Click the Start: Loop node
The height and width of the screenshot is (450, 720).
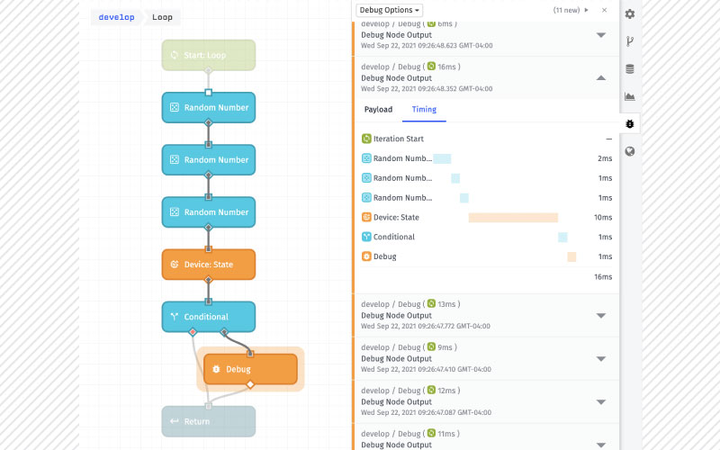(x=209, y=55)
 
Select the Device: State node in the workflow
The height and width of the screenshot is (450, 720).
(x=209, y=265)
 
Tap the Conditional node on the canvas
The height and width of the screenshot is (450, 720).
(x=209, y=317)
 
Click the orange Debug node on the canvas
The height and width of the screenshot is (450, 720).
(x=250, y=369)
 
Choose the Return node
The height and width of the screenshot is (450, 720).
(x=209, y=421)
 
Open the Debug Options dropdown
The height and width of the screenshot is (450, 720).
(x=389, y=10)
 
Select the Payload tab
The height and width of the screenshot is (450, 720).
(x=378, y=109)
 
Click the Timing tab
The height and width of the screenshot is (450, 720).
(x=424, y=109)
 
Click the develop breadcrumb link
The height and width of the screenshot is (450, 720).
(x=116, y=17)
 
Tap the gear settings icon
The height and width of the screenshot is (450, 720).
(x=630, y=13)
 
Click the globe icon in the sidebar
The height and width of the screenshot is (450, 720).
(x=630, y=151)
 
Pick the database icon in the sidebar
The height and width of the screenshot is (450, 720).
(x=630, y=69)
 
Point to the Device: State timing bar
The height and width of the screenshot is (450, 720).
(x=513, y=218)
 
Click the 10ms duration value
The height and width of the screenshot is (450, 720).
(x=603, y=218)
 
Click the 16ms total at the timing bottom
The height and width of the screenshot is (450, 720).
(x=603, y=277)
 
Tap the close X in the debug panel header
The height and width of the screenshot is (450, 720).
(x=604, y=10)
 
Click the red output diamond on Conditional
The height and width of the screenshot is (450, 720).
(x=193, y=331)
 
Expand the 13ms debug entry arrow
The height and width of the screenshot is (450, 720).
(x=600, y=316)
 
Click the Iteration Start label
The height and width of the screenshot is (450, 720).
(x=398, y=139)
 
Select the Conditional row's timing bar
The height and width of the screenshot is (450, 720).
(x=562, y=237)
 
